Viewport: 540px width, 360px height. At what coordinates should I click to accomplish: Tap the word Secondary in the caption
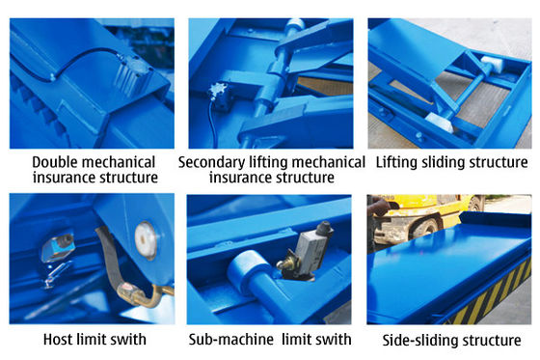tap(211, 162)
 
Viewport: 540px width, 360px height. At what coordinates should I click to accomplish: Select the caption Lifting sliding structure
tap(451, 162)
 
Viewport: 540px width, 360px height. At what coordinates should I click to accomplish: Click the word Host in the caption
tap(58, 340)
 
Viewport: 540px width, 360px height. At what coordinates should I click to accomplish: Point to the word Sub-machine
tap(231, 340)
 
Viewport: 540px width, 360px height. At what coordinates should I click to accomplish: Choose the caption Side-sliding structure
tap(451, 341)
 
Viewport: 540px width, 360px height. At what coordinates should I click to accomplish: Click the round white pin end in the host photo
tap(146, 240)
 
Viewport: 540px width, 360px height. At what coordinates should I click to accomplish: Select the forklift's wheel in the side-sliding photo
tap(426, 229)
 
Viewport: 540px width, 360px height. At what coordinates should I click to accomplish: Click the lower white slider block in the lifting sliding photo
tap(440, 122)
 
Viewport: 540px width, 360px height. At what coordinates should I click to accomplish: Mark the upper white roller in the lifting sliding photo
tap(492, 65)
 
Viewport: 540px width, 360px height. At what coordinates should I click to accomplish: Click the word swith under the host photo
tap(131, 340)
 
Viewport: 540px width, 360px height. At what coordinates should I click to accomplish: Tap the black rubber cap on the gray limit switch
tap(325, 229)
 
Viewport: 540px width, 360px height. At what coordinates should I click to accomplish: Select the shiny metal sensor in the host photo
tap(58, 246)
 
